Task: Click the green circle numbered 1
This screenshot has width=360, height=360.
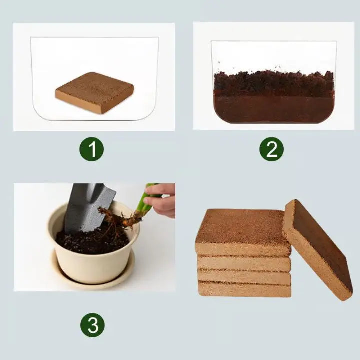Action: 91,149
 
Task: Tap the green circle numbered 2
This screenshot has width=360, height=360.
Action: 271,149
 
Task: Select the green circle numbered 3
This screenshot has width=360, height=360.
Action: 92,326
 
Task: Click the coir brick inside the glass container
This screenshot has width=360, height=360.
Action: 94,92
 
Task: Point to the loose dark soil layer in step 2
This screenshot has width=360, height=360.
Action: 273,83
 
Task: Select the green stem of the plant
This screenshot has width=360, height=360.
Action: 144,202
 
